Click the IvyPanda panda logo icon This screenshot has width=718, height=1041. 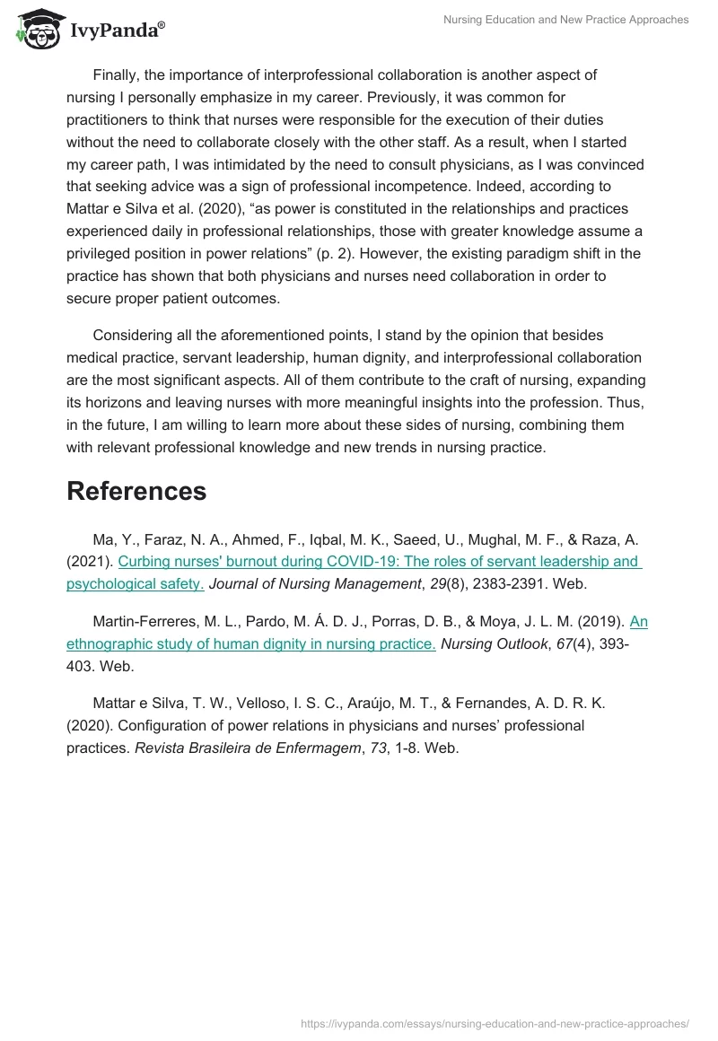[x=38, y=29]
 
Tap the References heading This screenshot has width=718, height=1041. [x=136, y=491]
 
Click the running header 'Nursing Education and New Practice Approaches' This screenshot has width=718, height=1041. [x=566, y=20]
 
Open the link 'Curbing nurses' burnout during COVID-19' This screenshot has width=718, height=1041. [x=378, y=562]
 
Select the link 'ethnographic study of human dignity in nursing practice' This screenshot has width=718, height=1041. [x=251, y=643]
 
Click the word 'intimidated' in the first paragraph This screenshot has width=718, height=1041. [x=258, y=164]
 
